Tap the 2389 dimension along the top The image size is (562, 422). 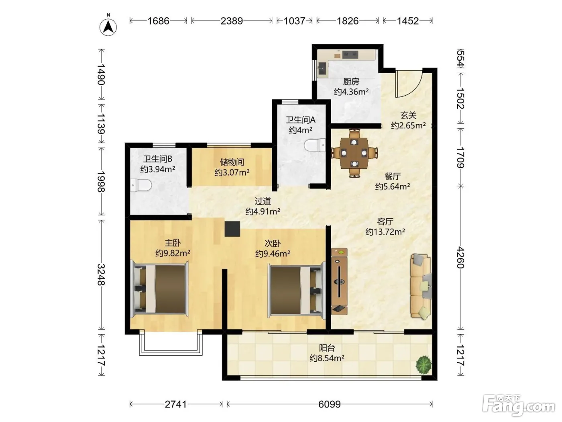[232, 21]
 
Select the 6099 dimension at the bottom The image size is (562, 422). [330, 404]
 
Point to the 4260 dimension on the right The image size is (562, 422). [460, 257]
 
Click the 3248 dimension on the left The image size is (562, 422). [102, 275]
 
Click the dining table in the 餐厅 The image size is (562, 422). [354, 153]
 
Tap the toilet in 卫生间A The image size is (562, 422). [315, 145]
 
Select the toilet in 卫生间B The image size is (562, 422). [141, 186]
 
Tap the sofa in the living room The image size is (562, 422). [421, 286]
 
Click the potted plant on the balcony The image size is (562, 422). [424, 365]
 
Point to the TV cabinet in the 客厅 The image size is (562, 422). [339, 281]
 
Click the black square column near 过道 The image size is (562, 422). [232, 229]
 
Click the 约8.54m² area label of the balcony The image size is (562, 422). [327, 358]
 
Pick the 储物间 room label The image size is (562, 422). [232, 162]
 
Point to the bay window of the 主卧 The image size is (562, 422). [171, 343]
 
